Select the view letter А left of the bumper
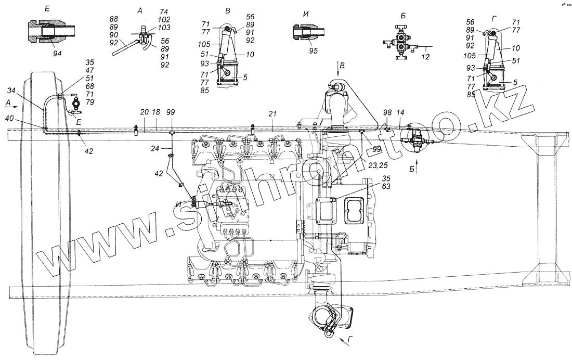tap(7, 103)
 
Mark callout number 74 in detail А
tap(150, 11)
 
